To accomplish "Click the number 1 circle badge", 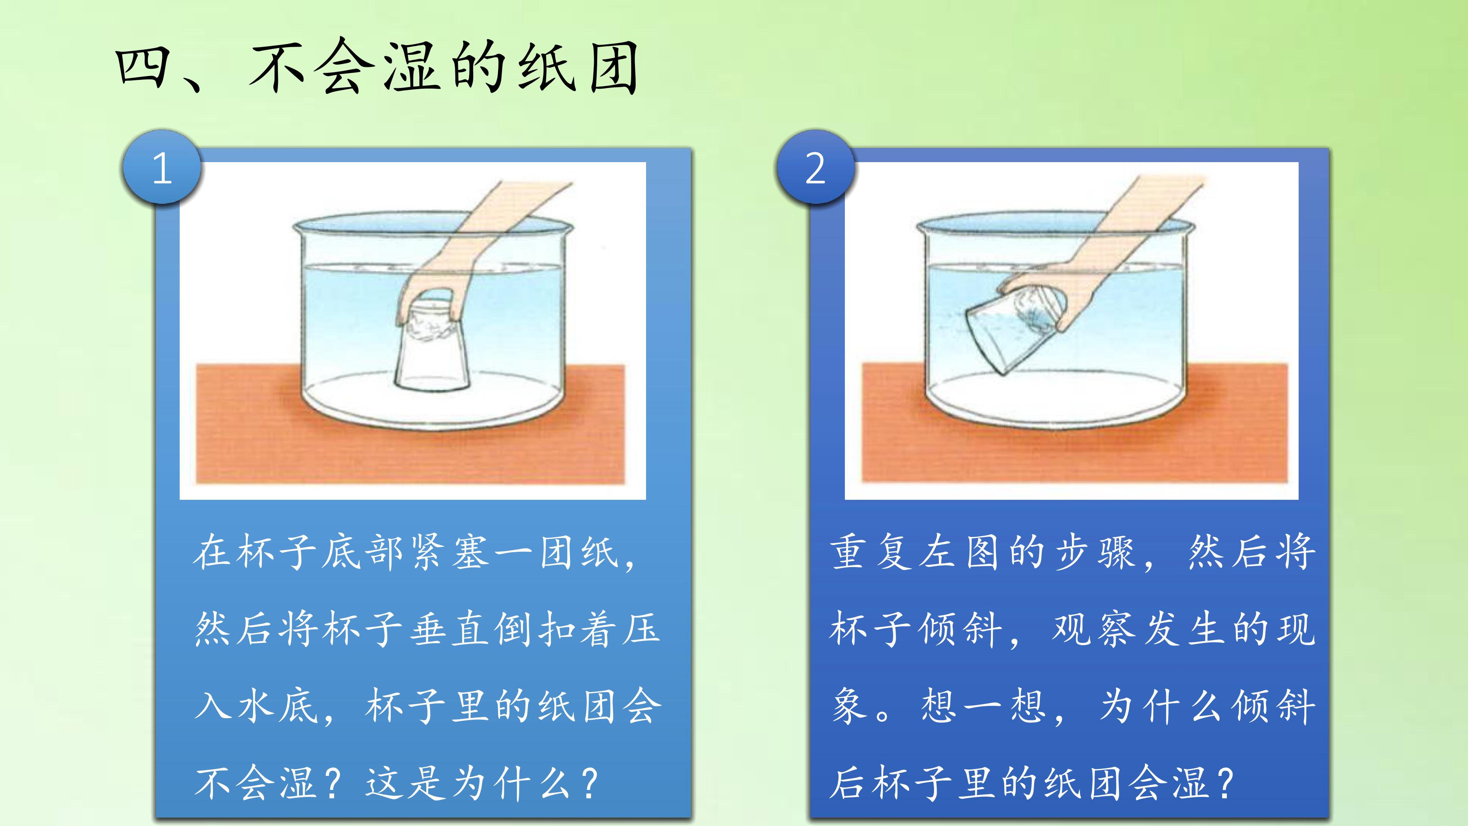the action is (162, 167).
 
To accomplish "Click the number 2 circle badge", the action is (815, 167).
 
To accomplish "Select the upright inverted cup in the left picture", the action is (431, 345).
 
